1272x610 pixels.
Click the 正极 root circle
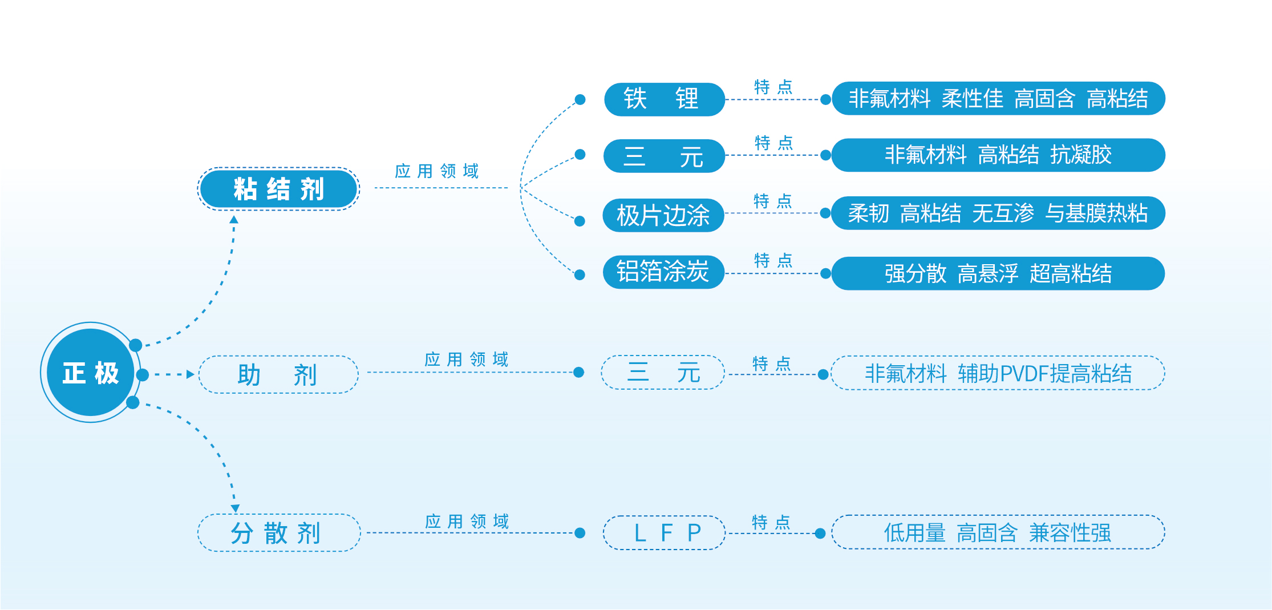pyautogui.click(x=90, y=373)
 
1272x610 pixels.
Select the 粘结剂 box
pyautogui.click(x=278, y=189)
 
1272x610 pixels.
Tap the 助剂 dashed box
pyautogui.click(x=278, y=374)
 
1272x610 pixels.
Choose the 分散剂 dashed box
pyautogui.click(x=278, y=533)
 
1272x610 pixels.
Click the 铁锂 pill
pyautogui.click(x=664, y=99)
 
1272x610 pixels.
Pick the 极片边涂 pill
pyautogui.click(x=663, y=215)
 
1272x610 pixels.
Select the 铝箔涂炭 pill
pyautogui.click(x=663, y=272)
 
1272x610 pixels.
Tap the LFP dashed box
pyautogui.click(x=664, y=532)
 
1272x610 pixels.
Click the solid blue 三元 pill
pyautogui.click(x=664, y=156)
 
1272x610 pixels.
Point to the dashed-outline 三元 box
pyautogui.click(x=663, y=373)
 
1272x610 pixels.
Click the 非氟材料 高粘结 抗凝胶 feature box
pyautogui.click(x=998, y=155)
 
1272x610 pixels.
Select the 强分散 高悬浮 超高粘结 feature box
pyautogui.click(x=998, y=273)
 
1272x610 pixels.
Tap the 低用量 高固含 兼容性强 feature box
pyautogui.click(x=998, y=532)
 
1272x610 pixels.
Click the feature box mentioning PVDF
pyautogui.click(x=998, y=373)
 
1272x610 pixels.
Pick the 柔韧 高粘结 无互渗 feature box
pyautogui.click(x=998, y=213)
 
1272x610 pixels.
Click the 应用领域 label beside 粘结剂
pyautogui.click(x=437, y=171)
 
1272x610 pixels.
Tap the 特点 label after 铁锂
pyautogui.click(x=773, y=87)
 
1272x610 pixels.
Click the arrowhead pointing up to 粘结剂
pyautogui.click(x=234, y=220)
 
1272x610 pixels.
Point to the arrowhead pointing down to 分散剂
pyautogui.click(x=235, y=508)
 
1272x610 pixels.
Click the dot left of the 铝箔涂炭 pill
pyautogui.click(x=580, y=275)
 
